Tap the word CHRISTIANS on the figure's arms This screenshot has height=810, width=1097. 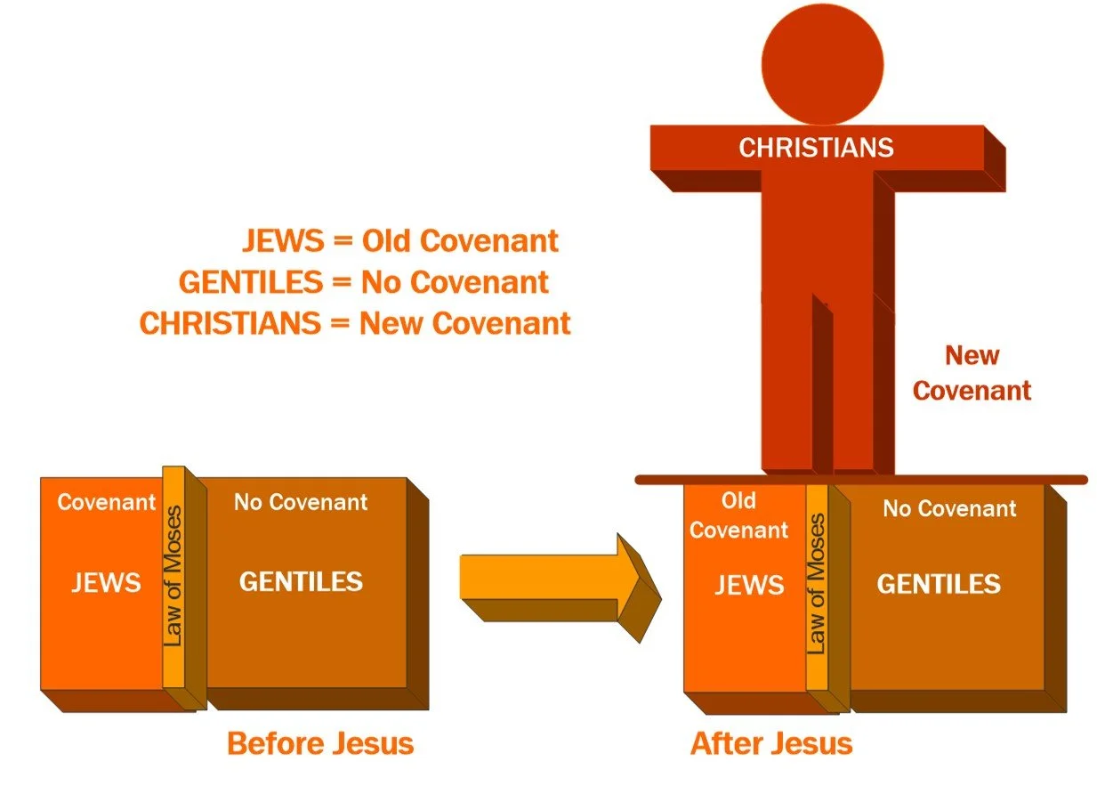click(816, 147)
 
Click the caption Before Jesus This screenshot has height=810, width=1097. click(320, 742)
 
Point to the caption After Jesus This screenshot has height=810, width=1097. click(771, 742)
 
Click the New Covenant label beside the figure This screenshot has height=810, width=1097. click(972, 373)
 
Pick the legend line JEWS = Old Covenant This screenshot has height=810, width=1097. click(400, 241)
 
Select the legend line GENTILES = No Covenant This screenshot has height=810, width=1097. click(364, 282)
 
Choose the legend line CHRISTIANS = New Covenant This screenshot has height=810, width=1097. click(355, 323)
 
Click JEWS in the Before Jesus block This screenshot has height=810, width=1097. click(106, 583)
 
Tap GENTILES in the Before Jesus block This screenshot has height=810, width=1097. click(301, 582)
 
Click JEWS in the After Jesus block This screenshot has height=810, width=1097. click(749, 585)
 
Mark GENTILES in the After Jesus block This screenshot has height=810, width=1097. click(939, 584)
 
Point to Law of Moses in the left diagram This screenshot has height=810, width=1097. click(174, 576)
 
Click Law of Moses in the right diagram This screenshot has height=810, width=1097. click(817, 584)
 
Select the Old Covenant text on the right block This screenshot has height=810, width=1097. click(738, 515)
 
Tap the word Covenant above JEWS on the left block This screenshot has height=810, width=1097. click(106, 502)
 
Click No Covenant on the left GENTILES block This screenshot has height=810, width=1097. click(301, 502)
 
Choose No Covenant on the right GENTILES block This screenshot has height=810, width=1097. click(949, 508)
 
